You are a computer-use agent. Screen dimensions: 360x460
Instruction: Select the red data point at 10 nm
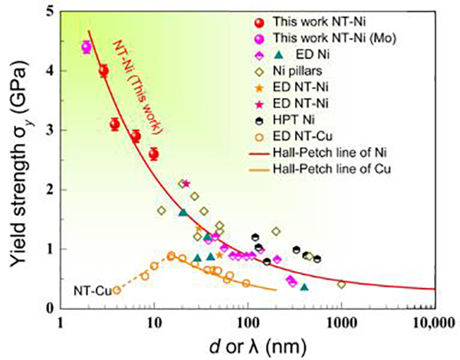[153, 154]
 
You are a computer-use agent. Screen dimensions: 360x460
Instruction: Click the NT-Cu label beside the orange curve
[89, 290]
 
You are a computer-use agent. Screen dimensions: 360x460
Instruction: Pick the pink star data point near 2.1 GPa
[186, 183]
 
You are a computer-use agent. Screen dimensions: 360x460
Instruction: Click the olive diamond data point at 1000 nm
[341, 284]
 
